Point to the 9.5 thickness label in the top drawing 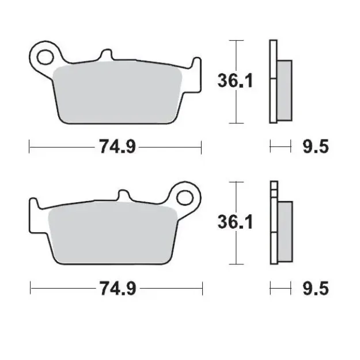pos(316,147)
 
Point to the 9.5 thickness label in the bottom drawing pos(316,288)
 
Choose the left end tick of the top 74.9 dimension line pos(29,147)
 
